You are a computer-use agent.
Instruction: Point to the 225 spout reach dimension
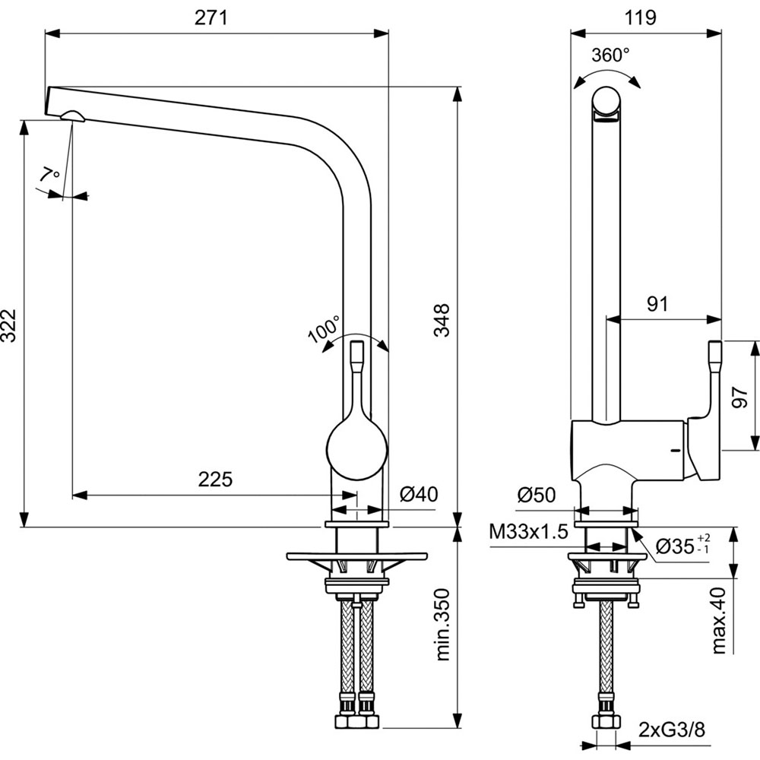click(215, 479)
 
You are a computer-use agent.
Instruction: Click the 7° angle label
click(50, 176)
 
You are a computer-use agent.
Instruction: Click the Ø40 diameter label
click(418, 495)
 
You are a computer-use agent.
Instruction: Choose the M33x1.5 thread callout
click(529, 532)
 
